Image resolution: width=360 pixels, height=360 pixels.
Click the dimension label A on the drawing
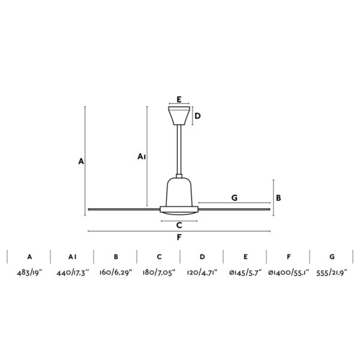tap(80, 161)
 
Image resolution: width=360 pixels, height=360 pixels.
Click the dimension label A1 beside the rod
tap(142, 157)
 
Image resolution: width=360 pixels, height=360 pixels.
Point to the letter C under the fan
tap(179, 226)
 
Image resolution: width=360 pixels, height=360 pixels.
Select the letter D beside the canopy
tap(197, 116)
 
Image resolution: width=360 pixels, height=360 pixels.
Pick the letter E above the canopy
tap(179, 100)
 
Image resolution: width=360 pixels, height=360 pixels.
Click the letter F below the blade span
tap(179, 237)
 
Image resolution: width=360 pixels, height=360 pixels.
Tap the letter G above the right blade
tap(234, 197)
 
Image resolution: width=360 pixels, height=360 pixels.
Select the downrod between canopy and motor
tap(179, 150)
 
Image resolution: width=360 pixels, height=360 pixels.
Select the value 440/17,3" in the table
tap(72, 273)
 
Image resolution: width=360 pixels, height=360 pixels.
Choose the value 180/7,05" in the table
tap(158, 273)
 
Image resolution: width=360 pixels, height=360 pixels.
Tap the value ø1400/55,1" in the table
tap(289, 273)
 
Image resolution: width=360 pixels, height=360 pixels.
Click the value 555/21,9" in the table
tap(332, 273)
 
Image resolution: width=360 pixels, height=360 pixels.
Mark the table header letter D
tap(202, 257)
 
